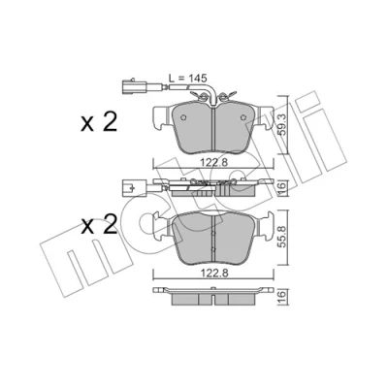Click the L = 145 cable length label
[x=188, y=79]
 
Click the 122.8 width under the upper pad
[x=214, y=162]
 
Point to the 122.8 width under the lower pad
[x=214, y=274]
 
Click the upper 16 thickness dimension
[x=282, y=186]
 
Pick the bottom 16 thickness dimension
[x=282, y=295]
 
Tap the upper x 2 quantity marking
[x=99, y=123]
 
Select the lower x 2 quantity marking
[x=99, y=225]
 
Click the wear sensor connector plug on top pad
[x=129, y=86]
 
